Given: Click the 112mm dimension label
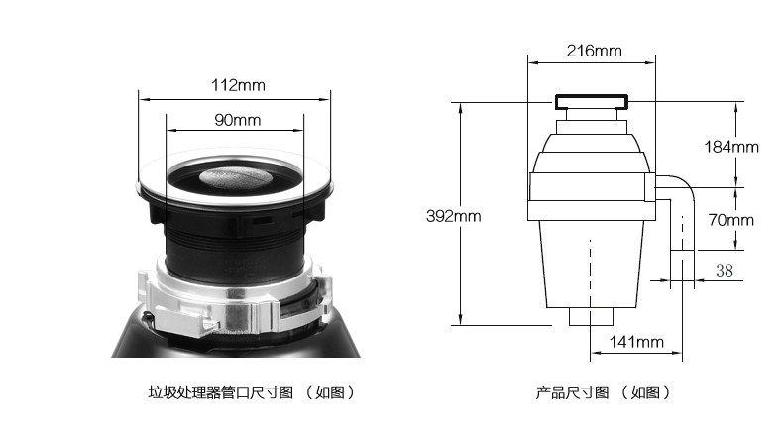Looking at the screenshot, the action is pyautogui.click(x=238, y=85).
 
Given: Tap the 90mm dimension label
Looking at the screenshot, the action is pyautogui.click(x=237, y=120).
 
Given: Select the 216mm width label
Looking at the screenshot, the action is pyautogui.click(x=595, y=51).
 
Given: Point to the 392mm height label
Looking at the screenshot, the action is pyautogui.click(x=453, y=216).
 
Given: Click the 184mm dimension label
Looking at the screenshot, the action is pyautogui.click(x=731, y=147).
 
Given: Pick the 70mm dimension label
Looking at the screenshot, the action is pyautogui.click(x=731, y=220).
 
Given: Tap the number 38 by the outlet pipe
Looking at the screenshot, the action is pyautogui.click(x=725, y=271).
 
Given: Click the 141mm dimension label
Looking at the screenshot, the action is pyautogui.click(x=636, y=342).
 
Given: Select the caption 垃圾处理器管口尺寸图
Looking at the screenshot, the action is pyautogui.click(x=221, y=392).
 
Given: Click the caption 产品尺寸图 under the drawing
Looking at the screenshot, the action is pyautogui.click(x=572, y=392).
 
